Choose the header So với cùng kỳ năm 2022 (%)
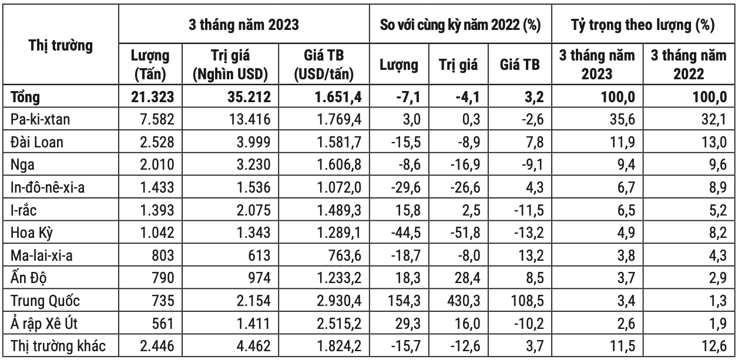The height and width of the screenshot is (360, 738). tap(460, 25)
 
